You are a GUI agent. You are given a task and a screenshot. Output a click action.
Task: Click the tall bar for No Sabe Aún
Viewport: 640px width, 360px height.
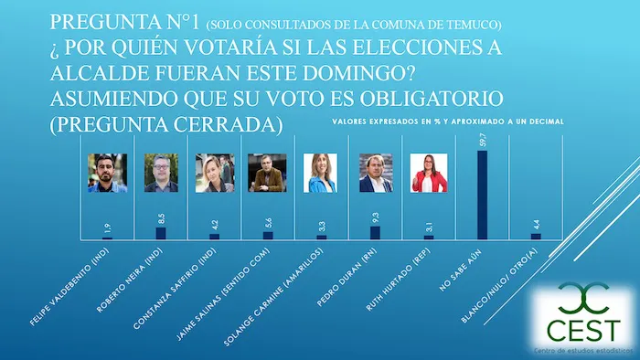[x=482, y=194]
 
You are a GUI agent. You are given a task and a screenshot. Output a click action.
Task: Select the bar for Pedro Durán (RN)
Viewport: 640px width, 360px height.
[x=375, y=232]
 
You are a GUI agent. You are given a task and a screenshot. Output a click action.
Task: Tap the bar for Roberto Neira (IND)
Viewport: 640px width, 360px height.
[x=161, y=233]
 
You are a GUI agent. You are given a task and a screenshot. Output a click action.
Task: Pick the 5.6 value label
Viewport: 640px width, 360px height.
[x=268, y=222]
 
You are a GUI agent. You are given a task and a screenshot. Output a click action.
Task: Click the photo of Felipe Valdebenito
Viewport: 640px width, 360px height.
[x=107, y=173]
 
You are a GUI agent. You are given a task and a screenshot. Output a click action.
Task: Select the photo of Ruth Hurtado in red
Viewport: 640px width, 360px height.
[x=429, y=173]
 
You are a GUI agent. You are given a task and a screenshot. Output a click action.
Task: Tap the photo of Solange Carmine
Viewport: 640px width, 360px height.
[x=322, y=173]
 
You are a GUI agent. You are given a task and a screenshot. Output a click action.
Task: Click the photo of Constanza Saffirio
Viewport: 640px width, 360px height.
[x=215, y=173]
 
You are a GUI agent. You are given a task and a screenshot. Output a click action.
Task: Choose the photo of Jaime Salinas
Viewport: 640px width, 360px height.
[x=268, y=173]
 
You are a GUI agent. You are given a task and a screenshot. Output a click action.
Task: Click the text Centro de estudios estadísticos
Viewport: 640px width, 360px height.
[x=582, y=351]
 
